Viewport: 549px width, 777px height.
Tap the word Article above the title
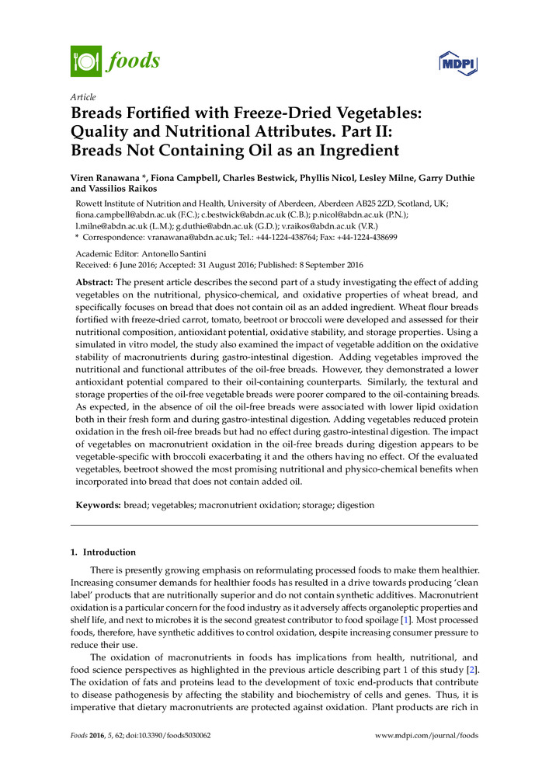pos(83,97)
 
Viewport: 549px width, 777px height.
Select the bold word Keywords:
pos(97,505)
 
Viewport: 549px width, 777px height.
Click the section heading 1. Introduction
pos(103,552)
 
